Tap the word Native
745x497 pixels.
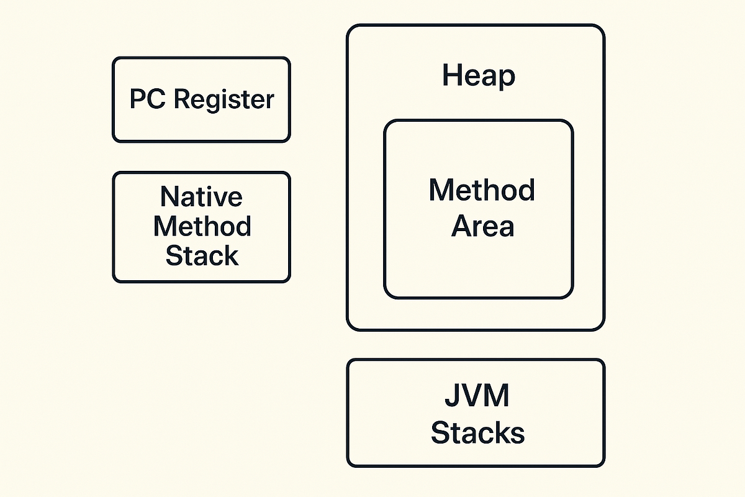(201, 198)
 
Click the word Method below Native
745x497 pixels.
(202, 226)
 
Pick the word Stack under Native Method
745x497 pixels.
(202, 255)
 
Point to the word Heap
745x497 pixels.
(478, 76)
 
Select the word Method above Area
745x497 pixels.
(482, 189)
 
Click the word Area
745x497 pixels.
(482, 226)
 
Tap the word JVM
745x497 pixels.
(477, 396)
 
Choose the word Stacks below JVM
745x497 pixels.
(477, 432)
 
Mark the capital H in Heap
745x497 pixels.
(451, 76)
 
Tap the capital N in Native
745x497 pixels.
(169, 198)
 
